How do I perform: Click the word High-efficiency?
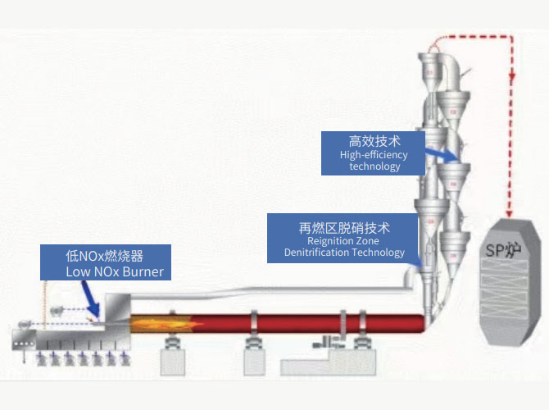374,155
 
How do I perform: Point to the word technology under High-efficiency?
374,166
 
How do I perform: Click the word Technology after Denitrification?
378,253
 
